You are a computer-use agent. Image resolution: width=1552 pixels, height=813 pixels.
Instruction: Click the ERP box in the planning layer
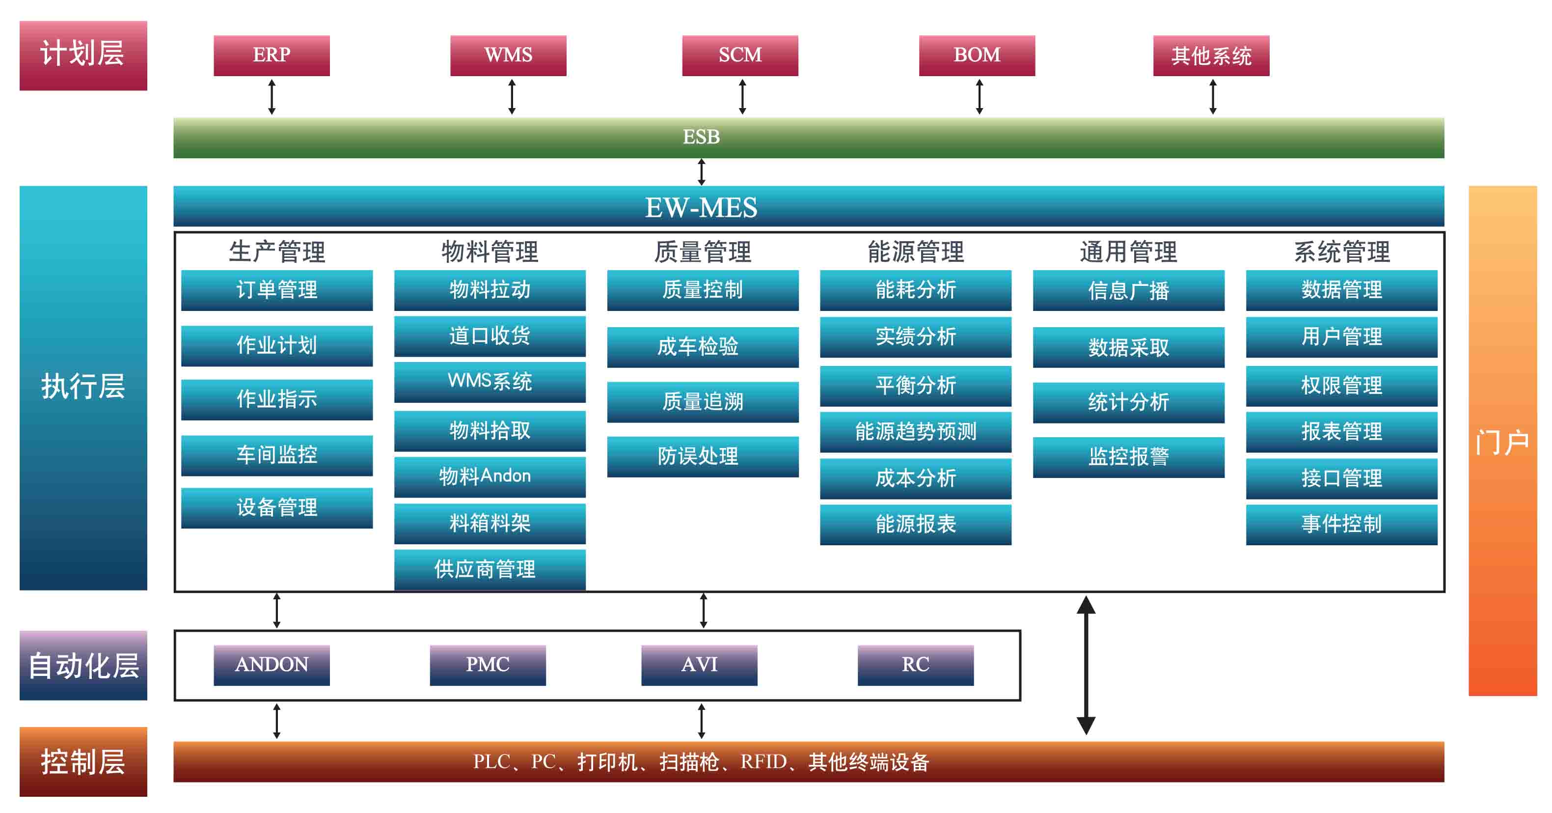click(271, 56)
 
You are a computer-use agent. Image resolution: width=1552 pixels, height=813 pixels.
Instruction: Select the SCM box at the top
click(740, 56)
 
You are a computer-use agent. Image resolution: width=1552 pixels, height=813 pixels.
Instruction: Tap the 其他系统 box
click(1211, 56)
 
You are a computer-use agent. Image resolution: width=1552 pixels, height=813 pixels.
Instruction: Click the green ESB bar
click(809, 138)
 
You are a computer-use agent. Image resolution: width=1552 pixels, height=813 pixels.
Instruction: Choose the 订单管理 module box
click(276, 290)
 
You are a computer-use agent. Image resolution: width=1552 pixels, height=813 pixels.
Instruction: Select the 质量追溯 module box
click(703, 401)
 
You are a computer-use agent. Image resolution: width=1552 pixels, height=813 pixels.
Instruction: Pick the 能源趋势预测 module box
click(915, 431)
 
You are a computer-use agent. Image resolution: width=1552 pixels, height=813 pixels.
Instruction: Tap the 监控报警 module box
click(1128, 457)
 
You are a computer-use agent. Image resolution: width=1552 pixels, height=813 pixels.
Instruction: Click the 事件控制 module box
click(1341, 524)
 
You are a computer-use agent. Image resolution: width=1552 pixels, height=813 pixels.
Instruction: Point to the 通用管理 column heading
click(1128, 252)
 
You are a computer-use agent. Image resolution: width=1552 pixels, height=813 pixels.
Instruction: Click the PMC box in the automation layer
click(488, 665)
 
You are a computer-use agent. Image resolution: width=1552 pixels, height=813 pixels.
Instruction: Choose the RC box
click(915, 665)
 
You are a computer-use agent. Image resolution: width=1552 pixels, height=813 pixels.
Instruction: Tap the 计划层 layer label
click(83, 56)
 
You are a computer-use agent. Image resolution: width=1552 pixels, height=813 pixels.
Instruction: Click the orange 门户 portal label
click(1502, 441)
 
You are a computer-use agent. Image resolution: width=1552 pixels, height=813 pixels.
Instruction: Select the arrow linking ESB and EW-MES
click(701, 172)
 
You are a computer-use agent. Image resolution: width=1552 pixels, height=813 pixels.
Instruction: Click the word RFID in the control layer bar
click(763, 762)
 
